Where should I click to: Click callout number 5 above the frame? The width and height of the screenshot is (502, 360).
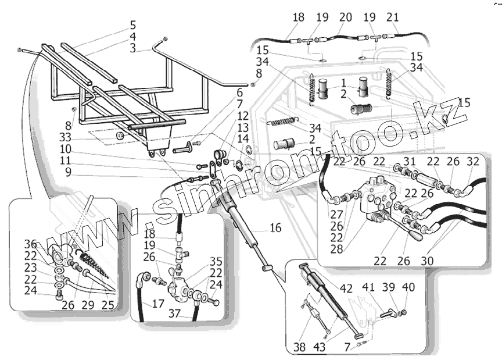[x=133, y=25]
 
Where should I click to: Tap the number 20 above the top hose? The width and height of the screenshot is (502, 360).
[x=345, y=17]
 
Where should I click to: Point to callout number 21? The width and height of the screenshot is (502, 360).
[x=393, y=17]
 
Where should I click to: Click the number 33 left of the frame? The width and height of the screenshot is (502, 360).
[x=65, y=138]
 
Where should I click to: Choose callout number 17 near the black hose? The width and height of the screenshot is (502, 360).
[x=157, y=303]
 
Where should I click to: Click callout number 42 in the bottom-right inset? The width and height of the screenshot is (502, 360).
[x=346, y=289]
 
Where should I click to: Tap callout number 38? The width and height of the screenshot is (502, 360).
[x=299, y=348]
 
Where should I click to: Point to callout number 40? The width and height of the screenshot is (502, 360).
[x=408, y=287]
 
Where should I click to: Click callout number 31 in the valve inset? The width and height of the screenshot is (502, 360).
[x=410, y=161]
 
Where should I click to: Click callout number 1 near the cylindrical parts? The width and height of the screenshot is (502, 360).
[x=343, y=83]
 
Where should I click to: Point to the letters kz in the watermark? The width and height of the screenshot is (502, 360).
[x=451, y=112]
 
